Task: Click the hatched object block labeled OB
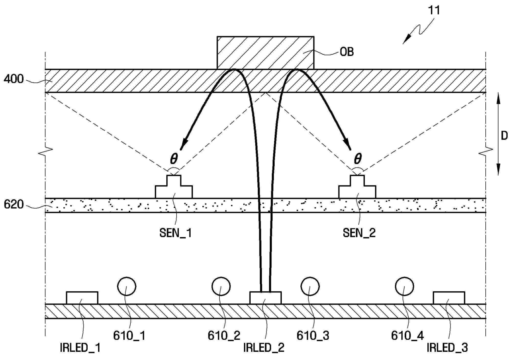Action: tap(265, 52)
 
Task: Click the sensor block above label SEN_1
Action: tap(173, 189)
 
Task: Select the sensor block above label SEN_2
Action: tap(357, 189)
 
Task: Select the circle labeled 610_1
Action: tap(126, 286)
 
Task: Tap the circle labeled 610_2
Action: tap(221, 286)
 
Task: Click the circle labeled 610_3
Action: tap(310, 286)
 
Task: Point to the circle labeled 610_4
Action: tap(405, 286)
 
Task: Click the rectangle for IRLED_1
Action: tap(82, 298)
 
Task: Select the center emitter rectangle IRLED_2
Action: tap(265, 298)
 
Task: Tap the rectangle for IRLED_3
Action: tap(448, 298)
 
